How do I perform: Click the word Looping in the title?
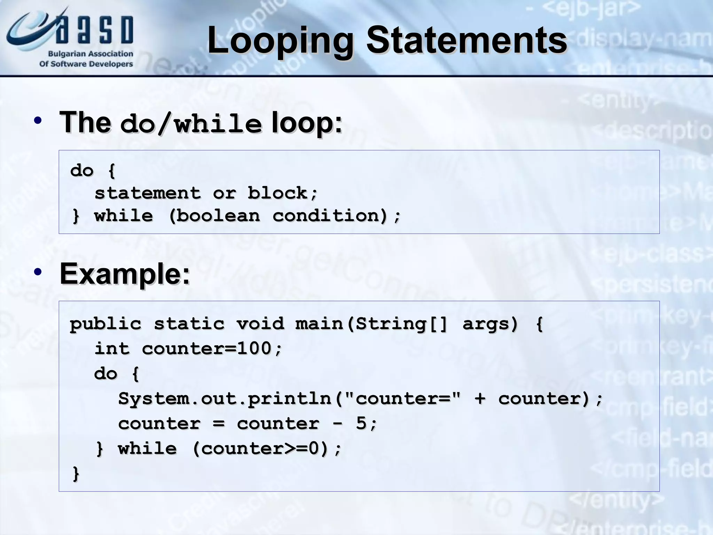click(x=281, y=41)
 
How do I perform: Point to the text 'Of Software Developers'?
click(x=86, y=64)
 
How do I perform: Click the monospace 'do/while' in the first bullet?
click(x=191, y=123)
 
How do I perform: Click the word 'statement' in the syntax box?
click(x=148, y=193)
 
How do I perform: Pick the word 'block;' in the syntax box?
click(x=282, y=193)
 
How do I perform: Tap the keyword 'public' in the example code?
click(x=105, y=324)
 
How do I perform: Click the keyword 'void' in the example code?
click(x=260, y=324)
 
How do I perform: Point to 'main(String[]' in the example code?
click(x=371, y=324)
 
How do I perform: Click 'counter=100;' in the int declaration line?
click(x=212, y=349)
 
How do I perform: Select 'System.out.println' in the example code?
click(x=225, y=398)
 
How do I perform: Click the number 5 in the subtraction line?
click(x=361, y=424)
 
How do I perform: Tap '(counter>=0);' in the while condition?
click(x=267, y=449)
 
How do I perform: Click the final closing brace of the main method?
click(x=76, y=474)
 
